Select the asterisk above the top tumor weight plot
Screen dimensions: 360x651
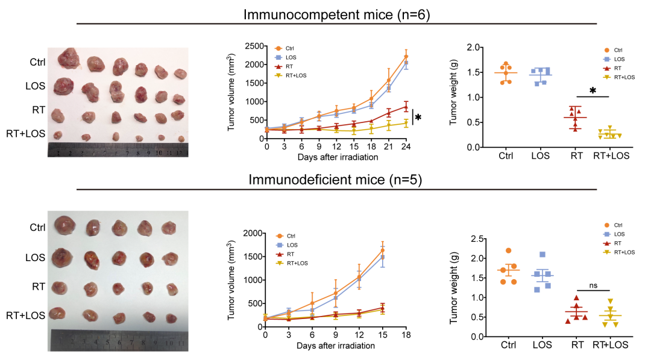[593, 91]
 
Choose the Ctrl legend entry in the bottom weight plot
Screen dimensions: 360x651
[614, 224]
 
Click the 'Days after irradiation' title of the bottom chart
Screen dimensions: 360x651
[335, 346]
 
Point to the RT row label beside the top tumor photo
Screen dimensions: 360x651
[37, 110]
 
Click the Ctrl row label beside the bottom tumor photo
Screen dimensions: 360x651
[37, 228]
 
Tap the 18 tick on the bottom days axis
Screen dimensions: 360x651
[406, 335]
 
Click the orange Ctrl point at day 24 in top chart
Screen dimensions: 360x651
[406, 57]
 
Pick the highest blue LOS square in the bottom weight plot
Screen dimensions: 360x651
[542, 255]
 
